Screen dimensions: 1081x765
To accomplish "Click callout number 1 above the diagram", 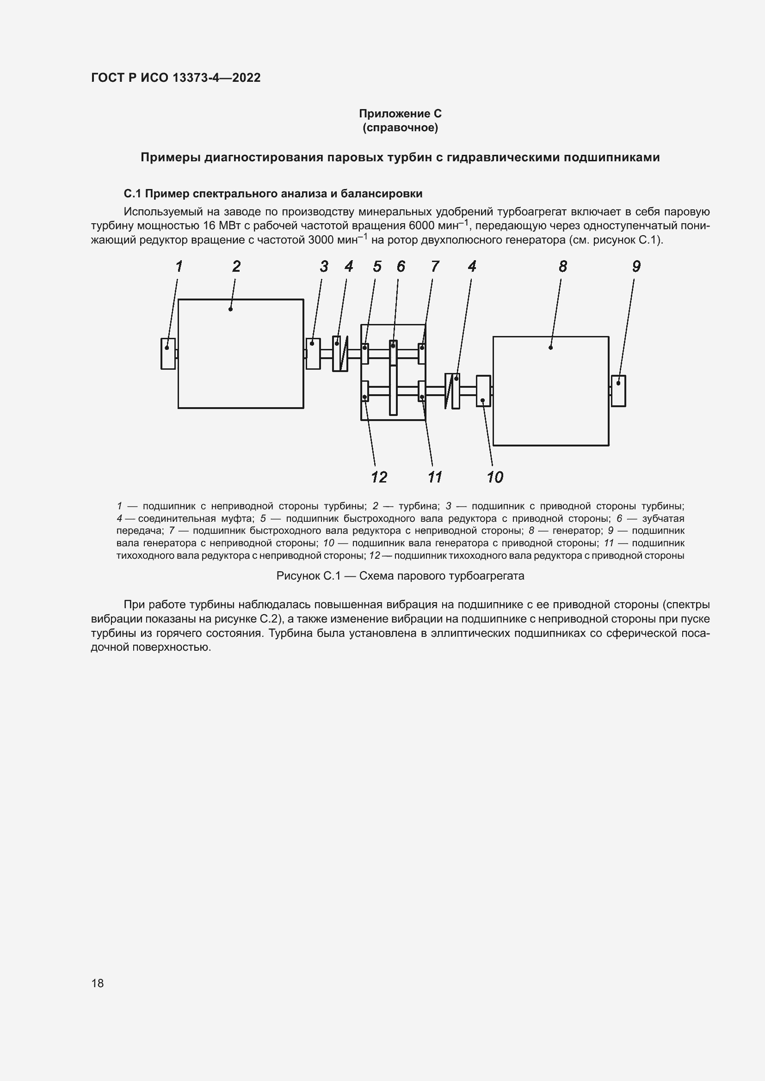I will pyautogui.click(x=179, y=267).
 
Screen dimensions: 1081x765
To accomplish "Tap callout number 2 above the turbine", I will pyautogui.click(x=236, y=267).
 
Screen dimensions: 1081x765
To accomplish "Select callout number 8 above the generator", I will pyautogui.click(x=562, y=267).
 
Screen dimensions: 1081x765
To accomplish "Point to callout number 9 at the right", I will pyautogui.click(x=636, y=267).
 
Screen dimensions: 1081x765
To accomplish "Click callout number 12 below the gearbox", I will pyautogui.click(x=379, y=477).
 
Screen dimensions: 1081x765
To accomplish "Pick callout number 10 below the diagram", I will pyautogui.click(x=494, y=477).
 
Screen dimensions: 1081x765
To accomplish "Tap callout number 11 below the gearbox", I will pyautogui.click(x=434, y=477).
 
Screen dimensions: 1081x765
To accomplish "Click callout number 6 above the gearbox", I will pyautogui.click(x=401, y=267).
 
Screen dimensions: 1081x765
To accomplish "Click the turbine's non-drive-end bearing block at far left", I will pyautogui.click(x=168, y=354).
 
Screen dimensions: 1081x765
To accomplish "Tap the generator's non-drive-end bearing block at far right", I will pyautogui.click(x=618, y=391).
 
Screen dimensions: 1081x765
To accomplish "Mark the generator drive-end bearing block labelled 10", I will pyautogui.click(x=483, y=391).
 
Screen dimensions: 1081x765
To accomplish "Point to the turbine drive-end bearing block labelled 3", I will pyautogui.click(x=313, y=354).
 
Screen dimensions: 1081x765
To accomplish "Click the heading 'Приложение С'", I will pyautogui.click(x=400, y=114).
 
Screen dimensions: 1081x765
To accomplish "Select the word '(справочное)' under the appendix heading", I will pyautogui.click(x=400, y=128).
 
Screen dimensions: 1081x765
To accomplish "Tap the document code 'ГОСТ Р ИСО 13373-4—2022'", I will pyautogui.click(x=176, y=78).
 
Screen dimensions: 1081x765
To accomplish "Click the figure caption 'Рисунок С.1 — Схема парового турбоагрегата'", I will pyautogui.click(x=400, y=576).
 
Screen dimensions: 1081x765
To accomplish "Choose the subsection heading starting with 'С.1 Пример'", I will pyautogui.click(x=273, y=194).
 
